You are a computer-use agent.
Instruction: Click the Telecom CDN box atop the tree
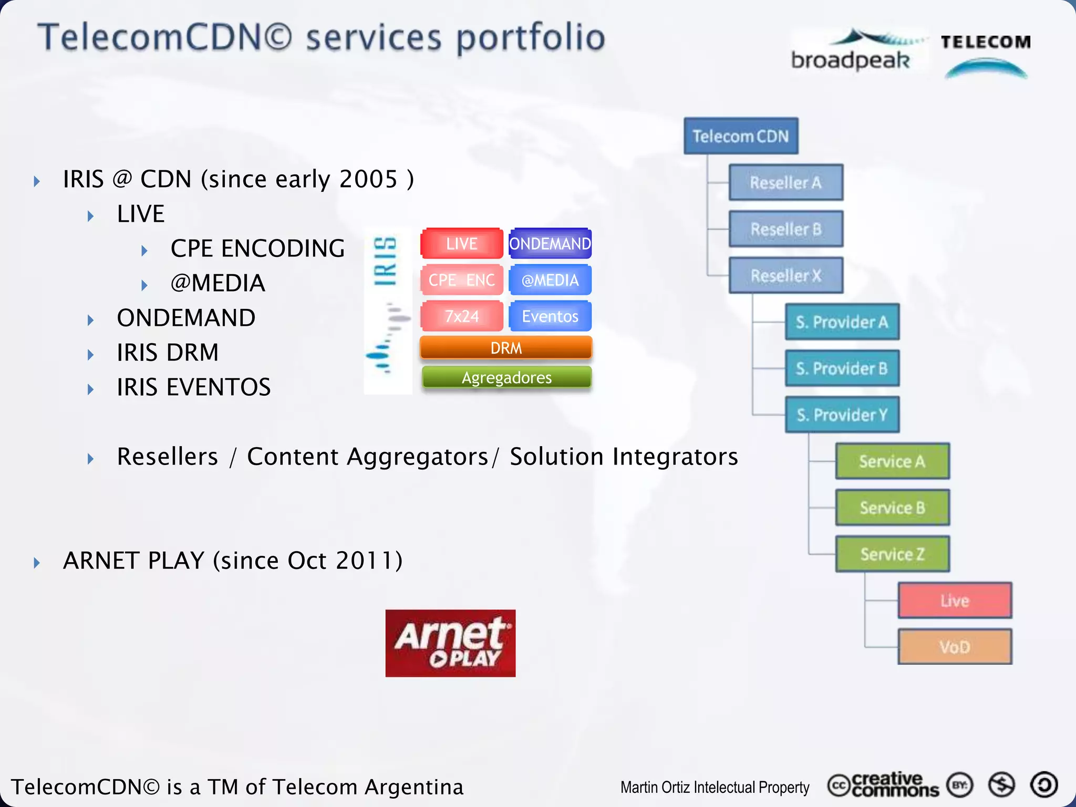tap(741, 136)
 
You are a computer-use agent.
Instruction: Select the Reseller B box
tap(786, 229)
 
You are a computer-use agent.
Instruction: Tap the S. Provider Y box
tap(842, 415)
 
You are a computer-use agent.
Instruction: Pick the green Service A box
tap(892, 461)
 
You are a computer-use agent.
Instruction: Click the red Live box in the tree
tap(955, 601)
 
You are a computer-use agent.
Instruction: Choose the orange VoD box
tap(955, 647)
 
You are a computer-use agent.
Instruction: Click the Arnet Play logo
tap(450, 643)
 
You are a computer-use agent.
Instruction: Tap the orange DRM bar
tap(506, 348)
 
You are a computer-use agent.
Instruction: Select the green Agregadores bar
tap(506, 378)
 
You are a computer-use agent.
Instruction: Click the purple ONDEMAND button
tap(550, 244)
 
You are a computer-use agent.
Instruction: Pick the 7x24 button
tap(462, 316)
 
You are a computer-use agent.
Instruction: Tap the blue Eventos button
tap(550, 316)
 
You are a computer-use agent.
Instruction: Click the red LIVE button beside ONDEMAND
tap(462, 244)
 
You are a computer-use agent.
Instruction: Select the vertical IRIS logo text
tap(385, 261)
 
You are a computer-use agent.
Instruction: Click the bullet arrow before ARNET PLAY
tap(37, 563)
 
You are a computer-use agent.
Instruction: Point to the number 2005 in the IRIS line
tap(368, 180)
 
